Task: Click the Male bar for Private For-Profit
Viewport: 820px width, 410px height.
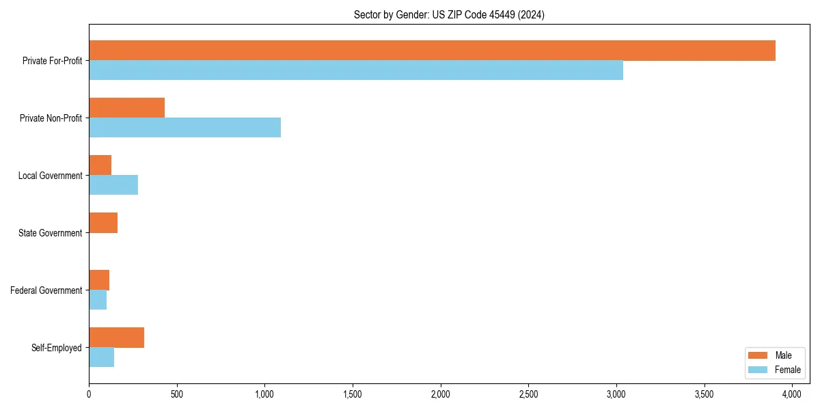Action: tap(432, 51)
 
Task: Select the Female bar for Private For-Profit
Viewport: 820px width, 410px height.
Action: tap(356, 70)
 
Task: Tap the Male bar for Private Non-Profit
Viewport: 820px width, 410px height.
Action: tap(127, 108)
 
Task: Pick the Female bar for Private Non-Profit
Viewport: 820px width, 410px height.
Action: tap(184, 128)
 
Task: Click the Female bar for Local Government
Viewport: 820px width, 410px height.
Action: tap(113, 185)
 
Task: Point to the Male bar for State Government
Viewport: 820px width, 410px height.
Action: tap(103, 223)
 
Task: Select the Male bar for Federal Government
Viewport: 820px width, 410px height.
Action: tap(99, 280)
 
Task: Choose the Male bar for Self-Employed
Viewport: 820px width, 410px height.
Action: tap(116, 338)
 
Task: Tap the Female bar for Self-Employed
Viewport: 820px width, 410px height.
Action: tap(101, 357)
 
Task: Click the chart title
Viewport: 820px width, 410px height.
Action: tap(449, 14)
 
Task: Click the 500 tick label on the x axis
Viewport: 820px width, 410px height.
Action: tap(177, 394)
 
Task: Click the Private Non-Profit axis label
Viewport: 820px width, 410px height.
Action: tap(51, 118)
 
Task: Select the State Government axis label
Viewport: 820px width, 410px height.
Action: tap(50, 233)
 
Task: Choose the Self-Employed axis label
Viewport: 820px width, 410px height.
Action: tap(56, 348)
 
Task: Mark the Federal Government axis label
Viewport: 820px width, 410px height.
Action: tap(46, 290)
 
